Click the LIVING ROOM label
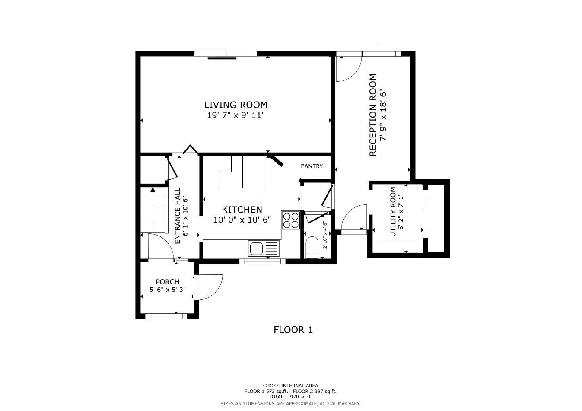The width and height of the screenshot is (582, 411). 235,105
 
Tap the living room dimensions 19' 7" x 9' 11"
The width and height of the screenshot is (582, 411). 235,115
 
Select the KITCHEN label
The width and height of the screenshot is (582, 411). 242,210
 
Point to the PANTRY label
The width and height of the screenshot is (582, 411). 312,166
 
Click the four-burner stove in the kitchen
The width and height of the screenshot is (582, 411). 291,220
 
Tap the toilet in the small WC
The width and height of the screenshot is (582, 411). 311,248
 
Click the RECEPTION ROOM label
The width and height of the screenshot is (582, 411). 373,115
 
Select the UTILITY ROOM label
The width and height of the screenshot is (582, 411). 393,211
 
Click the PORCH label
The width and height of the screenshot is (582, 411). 167,282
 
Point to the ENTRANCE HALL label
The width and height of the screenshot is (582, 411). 177,216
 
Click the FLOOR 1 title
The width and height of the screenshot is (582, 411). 293,330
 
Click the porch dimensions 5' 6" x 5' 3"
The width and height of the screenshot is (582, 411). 167,290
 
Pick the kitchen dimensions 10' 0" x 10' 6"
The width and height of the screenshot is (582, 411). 242,220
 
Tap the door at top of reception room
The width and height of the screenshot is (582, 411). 348,68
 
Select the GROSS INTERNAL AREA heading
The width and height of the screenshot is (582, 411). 290,386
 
